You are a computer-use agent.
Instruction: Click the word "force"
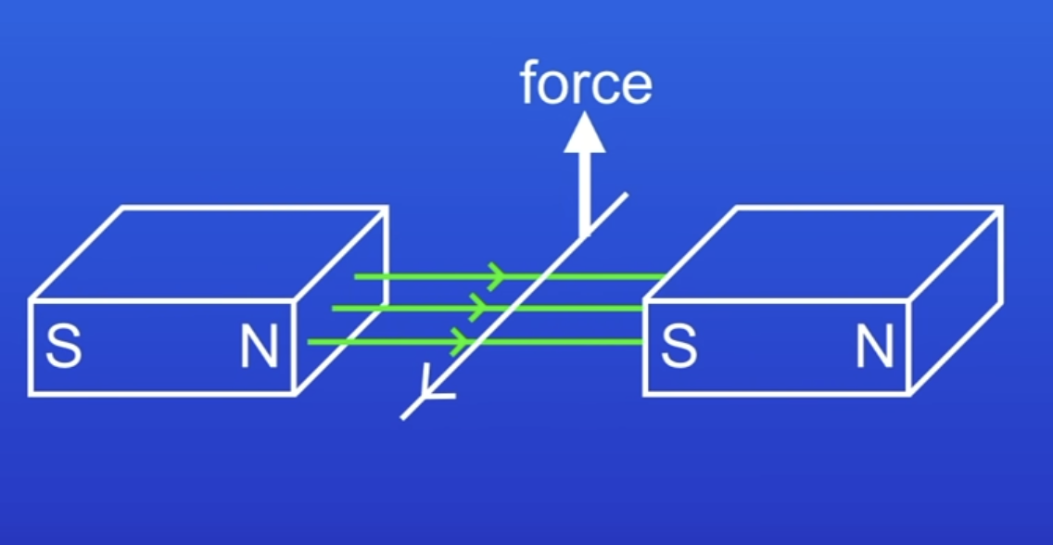(x=586, y=84)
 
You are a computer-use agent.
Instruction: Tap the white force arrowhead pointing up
(x=585, y=134)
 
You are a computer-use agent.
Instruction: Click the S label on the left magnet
(x=63, y=348)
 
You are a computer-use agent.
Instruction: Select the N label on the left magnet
(x=259, y=348)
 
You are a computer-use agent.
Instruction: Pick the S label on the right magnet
(x=679, y=347)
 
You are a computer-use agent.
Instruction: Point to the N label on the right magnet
(x=873, y=347)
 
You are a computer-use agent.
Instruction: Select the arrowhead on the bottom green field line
(x=459, y=342)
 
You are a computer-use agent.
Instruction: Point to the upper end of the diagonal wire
(x=627, y=195)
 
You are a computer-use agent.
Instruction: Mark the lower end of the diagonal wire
(x=403, y=417)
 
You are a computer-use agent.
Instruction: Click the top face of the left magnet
(x=209, y=252)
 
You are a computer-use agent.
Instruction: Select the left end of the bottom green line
(x=310, y=342)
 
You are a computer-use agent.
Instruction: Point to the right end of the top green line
(x=662, y=276)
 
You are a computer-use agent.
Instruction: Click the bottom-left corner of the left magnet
(x=31, y=394)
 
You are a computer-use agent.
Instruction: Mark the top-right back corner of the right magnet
(x=1001, y=208)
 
